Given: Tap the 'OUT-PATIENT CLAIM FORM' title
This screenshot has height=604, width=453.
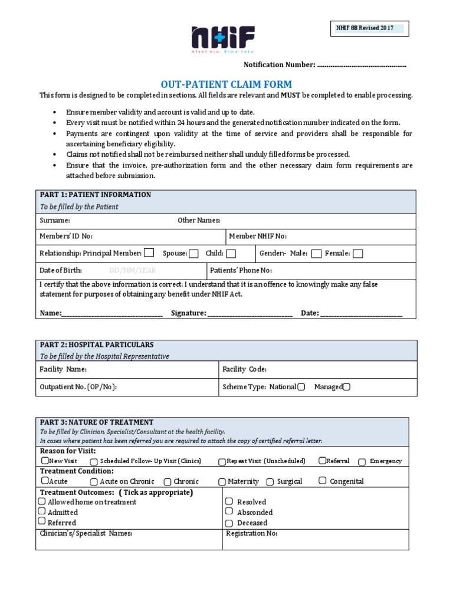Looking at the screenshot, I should click(x=226, y=84).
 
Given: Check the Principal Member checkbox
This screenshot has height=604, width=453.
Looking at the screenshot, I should click(x=149, y=253).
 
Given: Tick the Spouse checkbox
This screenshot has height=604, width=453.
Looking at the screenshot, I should click(x=193, y=254).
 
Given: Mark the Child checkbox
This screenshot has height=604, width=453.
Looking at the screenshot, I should click(x=231, y=254).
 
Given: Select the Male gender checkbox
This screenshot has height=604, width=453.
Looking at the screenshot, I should click(x=316, y=254).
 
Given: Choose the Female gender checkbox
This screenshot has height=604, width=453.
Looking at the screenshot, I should click(x=358, y=254).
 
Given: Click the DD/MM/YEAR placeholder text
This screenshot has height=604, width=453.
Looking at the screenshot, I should click(x=133, y=271).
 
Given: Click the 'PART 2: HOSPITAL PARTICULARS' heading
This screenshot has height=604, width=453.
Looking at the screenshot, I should click(x=97, y=344).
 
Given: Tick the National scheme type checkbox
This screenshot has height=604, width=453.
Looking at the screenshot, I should click(x=301, y=387).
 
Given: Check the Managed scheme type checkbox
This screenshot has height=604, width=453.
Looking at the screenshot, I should click(x=346, y=387).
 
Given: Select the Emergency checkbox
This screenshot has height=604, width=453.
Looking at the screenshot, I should click(x=362, y=462).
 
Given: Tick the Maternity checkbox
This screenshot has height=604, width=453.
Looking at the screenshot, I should click(x=222, y=482).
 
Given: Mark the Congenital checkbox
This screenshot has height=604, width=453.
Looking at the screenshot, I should click(x=322, y=481).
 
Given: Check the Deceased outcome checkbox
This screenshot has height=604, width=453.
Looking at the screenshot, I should click(x=229, y=523).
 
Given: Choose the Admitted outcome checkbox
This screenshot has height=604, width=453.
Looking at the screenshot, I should click(x=42, y=511).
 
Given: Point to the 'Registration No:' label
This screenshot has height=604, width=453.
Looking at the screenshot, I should click(x=252, y=533).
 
